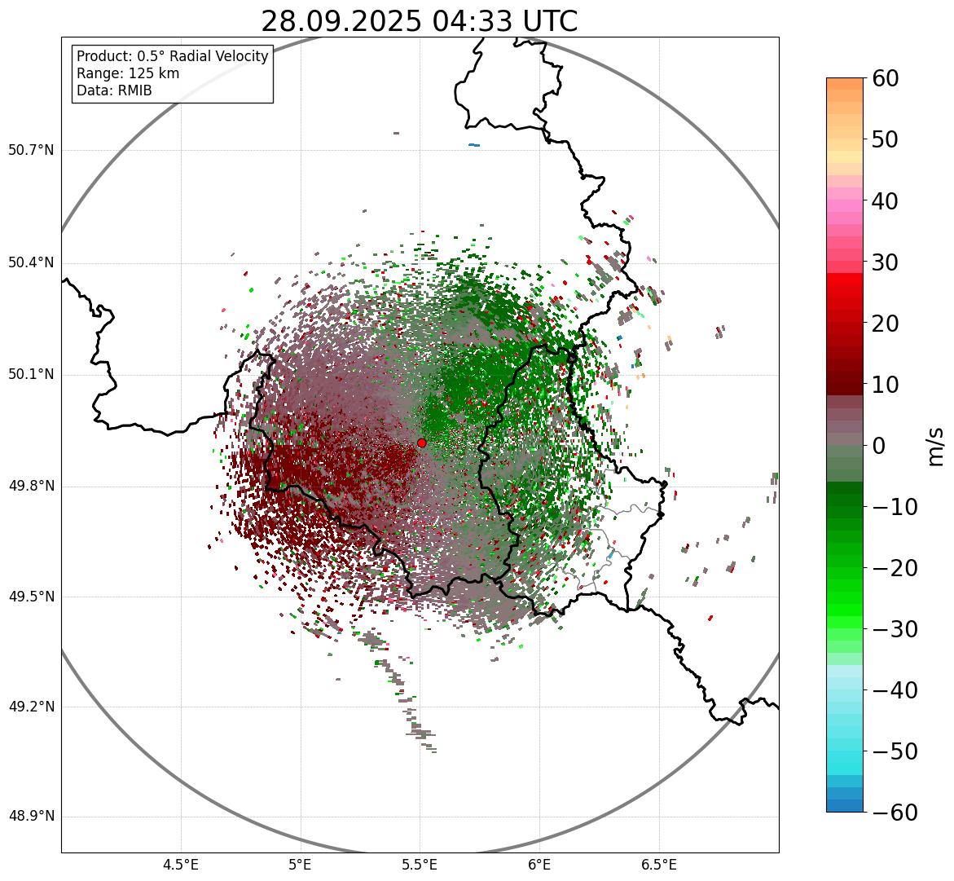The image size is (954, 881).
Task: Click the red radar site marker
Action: [421, 443]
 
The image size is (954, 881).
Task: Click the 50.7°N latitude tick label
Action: [31, 151]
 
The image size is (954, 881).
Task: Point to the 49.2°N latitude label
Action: [31, 707]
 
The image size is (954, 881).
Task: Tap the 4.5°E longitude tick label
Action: [181, 865]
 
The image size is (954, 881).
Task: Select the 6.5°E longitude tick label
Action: [658, 865]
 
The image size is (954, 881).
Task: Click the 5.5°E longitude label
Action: [420, 865]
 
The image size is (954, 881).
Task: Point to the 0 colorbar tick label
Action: [879, 446]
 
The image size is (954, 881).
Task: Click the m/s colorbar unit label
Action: [936, 446]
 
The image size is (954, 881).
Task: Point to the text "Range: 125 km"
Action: [128, 73]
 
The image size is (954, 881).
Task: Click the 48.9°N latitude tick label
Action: [31, 817]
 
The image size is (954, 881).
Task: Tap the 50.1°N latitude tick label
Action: [31, 375]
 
